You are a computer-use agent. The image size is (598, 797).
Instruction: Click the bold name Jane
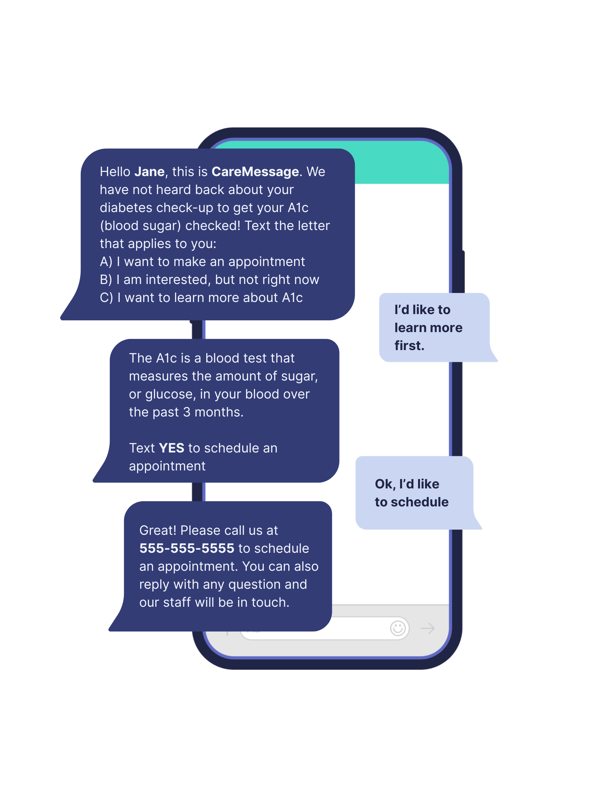tap(149, 172)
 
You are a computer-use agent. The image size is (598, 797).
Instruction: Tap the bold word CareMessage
tap(255, 172)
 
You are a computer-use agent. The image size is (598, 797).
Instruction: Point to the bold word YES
tap(172, 448)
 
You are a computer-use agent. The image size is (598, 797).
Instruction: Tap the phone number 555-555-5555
tap(187, 548)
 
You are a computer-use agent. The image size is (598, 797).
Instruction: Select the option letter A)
tap(106, 262)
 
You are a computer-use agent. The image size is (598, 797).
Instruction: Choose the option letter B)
tap(106, 280)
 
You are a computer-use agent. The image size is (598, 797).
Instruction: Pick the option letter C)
tap(106, 297)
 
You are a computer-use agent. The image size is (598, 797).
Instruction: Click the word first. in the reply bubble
tap(409, 346)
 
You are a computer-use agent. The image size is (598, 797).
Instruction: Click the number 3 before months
tap(187, 412)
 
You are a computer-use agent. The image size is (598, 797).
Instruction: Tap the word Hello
tap(115, 172)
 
